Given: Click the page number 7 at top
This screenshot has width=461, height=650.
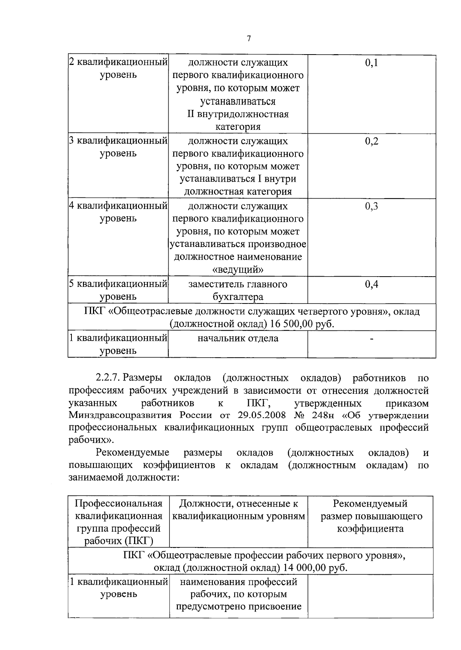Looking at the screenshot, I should pyautogui.click(x=249, y=38).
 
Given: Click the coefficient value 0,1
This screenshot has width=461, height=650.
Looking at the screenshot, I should pyautogui.click(x=371, y=63).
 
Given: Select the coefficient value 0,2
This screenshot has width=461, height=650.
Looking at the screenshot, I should pyautogui.click(x=371, y=141).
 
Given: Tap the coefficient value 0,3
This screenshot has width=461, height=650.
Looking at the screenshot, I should pyautogui.click(x=371, y=206).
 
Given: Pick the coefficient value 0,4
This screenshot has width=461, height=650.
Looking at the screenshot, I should pyautogui.click(x=371, y=284).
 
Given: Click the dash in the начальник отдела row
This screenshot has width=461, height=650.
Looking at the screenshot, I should pyautogui.click(x=371, y=339).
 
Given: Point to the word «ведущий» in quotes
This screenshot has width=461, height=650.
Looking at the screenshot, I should pyautogui.click(x=238, y=269).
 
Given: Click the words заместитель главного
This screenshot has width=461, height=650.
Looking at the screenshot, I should pyautogui.click(x=238, y=284).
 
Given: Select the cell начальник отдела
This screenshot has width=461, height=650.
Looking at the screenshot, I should pyautogui.click(x=238, y=338).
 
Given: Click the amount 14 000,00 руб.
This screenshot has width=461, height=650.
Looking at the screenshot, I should pyautogui.click(x=315, y=568).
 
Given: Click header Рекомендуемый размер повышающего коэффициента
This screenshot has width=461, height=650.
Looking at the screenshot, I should pyautogui.click(x=371, y=516).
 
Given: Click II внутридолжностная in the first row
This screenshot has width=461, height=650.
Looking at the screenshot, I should pyautogui.click(x=238, y=114).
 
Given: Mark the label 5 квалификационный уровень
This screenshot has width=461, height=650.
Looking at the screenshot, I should pyautogui.click(x=118, y=290).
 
